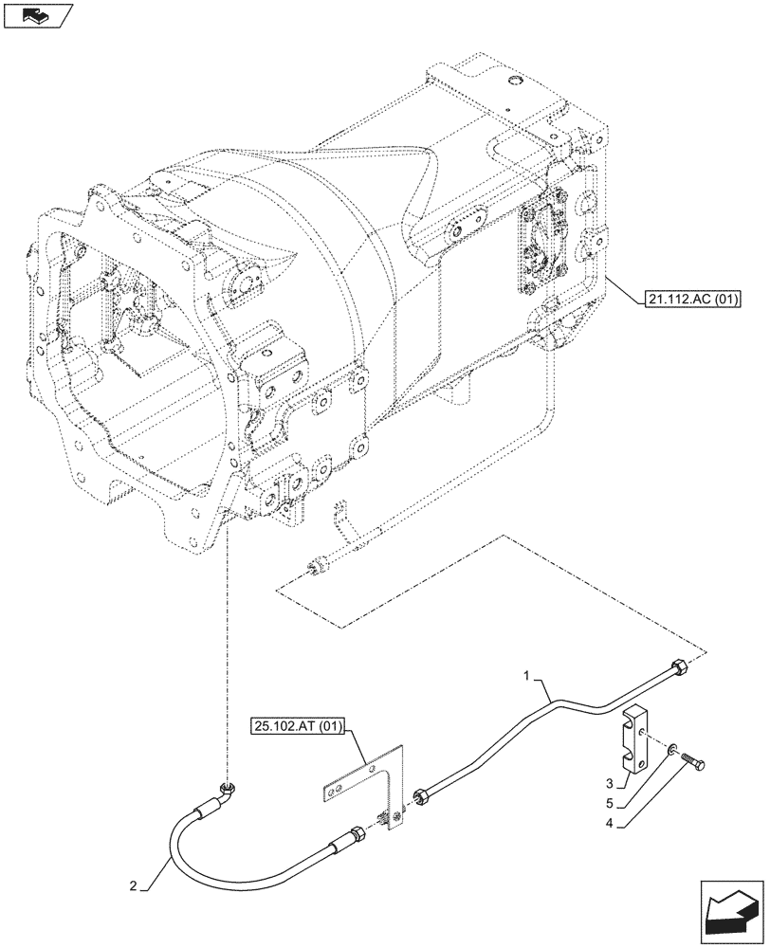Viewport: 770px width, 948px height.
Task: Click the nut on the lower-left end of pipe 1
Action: (420, 797)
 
